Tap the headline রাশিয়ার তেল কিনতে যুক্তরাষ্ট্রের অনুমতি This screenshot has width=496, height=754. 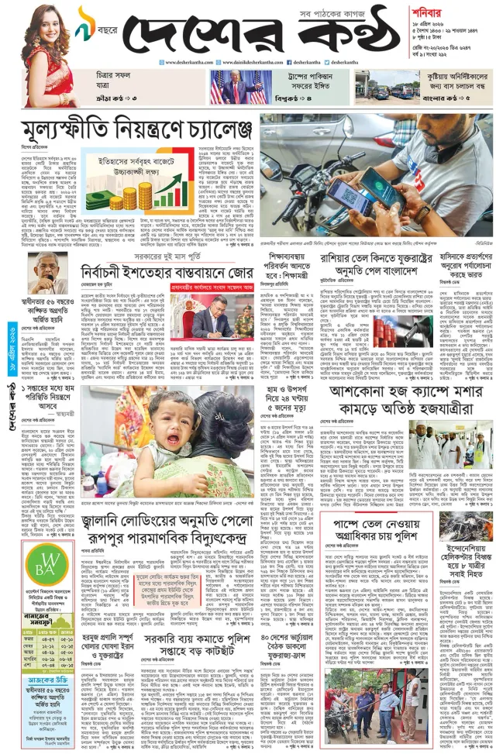tap(383, 263)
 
